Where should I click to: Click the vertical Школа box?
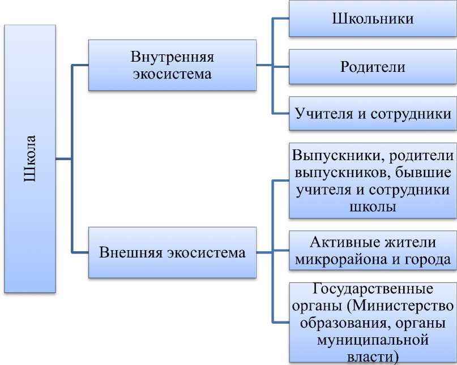click(30, 158)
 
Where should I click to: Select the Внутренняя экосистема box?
click(172, 65)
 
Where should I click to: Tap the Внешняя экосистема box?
click(172, 252)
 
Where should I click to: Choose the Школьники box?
click(372, 19)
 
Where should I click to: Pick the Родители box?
click(372, 67)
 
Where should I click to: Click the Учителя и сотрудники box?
click(372, 114)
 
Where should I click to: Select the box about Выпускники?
click(372, 181)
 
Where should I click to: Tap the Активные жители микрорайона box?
click(372, 251)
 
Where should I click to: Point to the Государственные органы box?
click(372, 322)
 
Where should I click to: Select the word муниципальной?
click(372, 342)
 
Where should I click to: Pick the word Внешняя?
click(131, 252)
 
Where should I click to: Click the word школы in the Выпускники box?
click(372, 207)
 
